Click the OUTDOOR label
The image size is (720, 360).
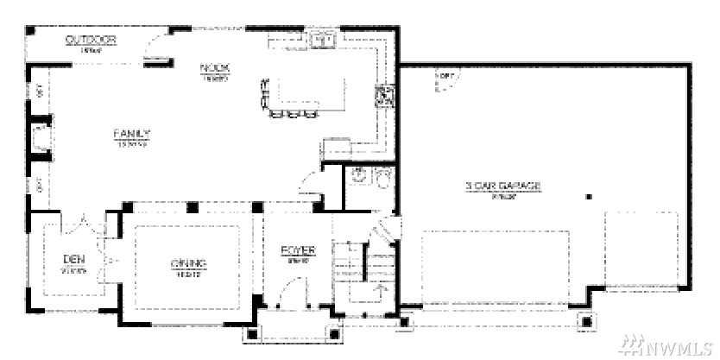click(x=91, y=41)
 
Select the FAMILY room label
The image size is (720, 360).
click(x=132, y=134)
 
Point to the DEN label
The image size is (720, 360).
click(x=73, y=259)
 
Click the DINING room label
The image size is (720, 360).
click(x=188, y=263)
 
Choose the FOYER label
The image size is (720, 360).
click(x=298, y=251)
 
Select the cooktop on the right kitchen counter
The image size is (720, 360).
click(x=381, y=95)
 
